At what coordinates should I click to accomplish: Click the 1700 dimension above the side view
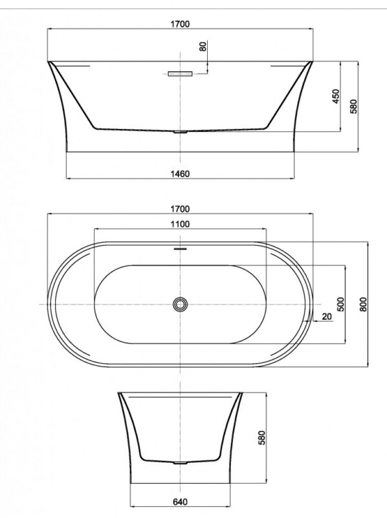coord(181,24)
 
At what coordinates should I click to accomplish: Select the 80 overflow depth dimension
coord(203,46)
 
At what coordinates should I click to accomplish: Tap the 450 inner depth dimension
coord(335,96)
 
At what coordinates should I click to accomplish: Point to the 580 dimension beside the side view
coord(353,106)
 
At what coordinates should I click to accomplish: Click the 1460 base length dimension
coord(181,174)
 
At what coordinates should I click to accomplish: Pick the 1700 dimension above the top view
coord(181,208)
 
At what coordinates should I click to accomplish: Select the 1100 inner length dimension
coord(181,224)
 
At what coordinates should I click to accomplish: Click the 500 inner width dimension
coord(340,304)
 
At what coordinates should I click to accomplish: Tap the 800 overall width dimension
coord(363,304)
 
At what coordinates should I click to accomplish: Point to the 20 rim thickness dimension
coord(327,317)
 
